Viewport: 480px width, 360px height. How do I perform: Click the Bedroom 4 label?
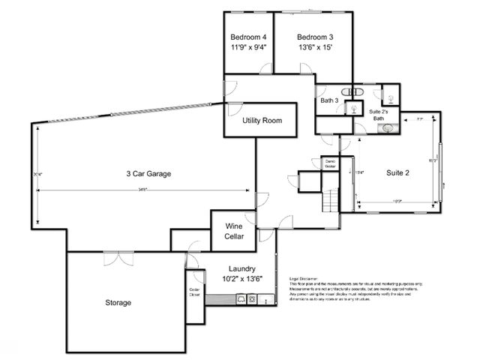click(248, 37)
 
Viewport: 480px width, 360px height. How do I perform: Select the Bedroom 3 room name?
click(314, 37)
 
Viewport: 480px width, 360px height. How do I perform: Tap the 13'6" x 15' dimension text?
click(314, 46)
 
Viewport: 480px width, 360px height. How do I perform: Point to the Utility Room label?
click(261, 121)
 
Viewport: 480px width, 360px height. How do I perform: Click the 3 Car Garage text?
click(148, 173)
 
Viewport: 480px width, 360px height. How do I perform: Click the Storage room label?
click(118, 303)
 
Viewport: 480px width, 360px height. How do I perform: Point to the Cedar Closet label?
click(194, 292)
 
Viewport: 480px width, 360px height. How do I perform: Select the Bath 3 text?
click(330, 100)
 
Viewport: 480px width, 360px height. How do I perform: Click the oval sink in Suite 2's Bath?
click(389, 128)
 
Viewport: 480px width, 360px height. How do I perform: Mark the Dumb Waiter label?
click(329, 163)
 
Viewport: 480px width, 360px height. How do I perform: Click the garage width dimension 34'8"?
click(142, 189)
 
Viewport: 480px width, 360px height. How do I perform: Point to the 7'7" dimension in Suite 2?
click(420, 120)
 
